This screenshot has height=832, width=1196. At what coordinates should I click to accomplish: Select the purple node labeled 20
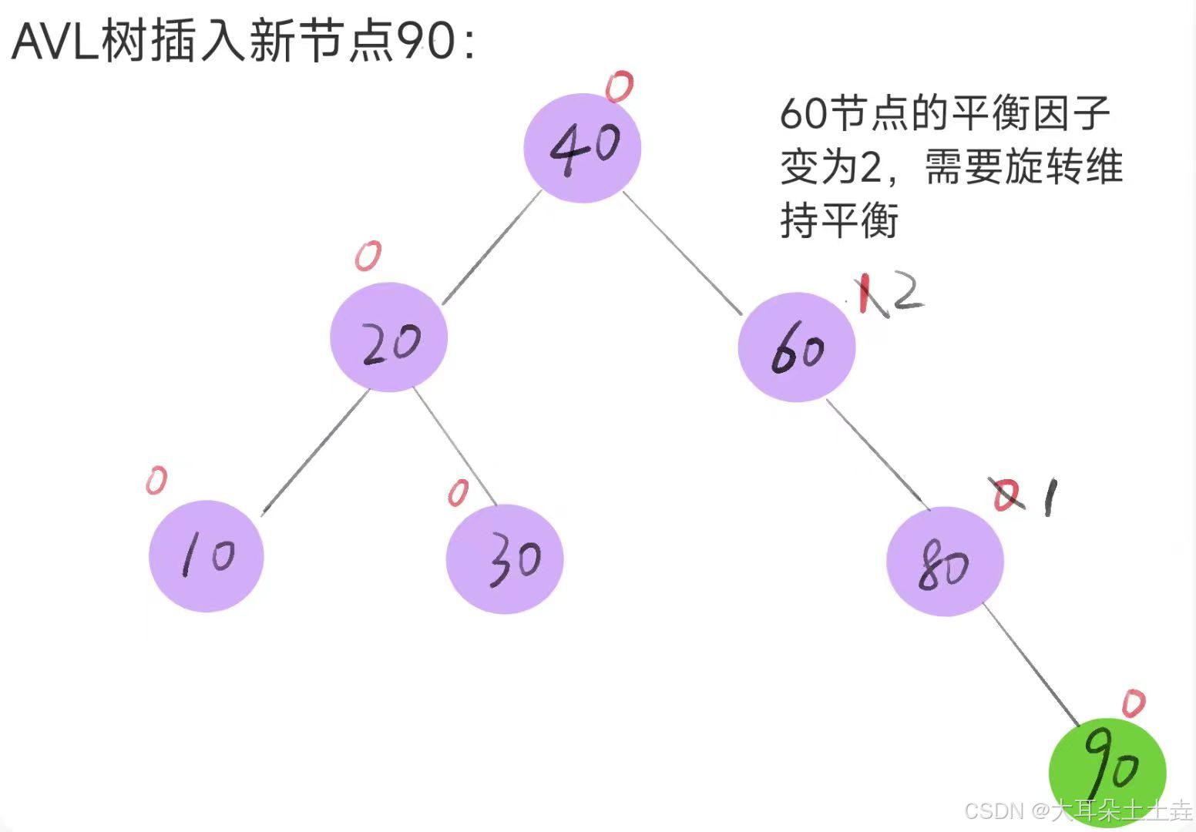click(x=389, y=338)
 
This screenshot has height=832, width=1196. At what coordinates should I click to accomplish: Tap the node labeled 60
click(x=797, y=347)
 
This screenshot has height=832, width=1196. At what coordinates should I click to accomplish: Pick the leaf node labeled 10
click(x=207, y=556)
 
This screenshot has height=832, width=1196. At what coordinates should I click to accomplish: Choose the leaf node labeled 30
click(x=505, y=559)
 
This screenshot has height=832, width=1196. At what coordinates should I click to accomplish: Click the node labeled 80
click(x=945, y=562)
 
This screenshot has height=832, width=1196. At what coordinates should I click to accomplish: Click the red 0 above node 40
click(x=619, y=86)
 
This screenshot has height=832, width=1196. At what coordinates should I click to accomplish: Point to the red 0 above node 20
click(x=368, y=256)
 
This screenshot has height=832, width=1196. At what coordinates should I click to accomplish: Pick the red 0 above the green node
click(x=1133, y=703)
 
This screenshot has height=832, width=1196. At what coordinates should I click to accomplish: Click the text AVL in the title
click(x=55, y=42)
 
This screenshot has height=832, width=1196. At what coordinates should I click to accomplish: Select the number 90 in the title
click(x=425, y=42)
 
